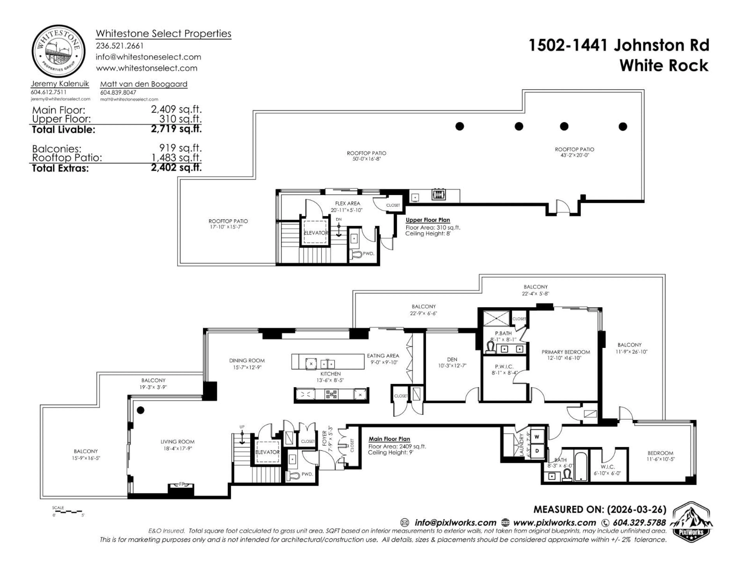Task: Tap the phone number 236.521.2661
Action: click(120, 46)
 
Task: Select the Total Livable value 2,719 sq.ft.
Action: click(176, 129)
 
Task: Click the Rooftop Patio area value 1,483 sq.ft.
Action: click(176, 158)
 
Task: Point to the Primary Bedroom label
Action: click(566, 352)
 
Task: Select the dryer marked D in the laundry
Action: click(537, 451)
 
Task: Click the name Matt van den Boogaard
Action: click(144, 84)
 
